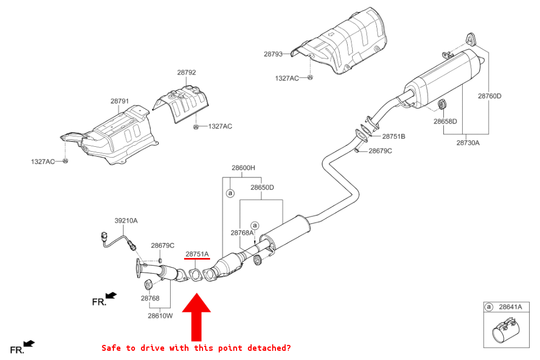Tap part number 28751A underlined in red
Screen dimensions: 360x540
pyautogui.click(x=197, y=253)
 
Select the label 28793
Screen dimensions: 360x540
pyautogui.click(x=273, y=54)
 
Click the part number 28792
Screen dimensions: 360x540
pyautogui.click(x=186, y=72)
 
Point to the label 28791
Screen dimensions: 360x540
pyautogui.click(x=119, y=101)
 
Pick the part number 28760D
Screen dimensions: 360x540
pyautogui.click(x=489, y=96)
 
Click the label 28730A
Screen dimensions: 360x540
pyautogui.click(x=468, y=143)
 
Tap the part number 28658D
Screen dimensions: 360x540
pyautogui.click(x=445, y=121)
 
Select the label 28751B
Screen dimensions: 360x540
pyautogui.click(x=394, y=137)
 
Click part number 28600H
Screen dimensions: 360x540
pyautogui.click(x=243, y=168)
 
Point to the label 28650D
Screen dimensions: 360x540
pyautogui.click(x=262, y=187)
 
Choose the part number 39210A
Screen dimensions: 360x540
pyautogui.click(x=126, y=220)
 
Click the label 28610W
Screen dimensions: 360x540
pyautogui.click(x=161, y=316)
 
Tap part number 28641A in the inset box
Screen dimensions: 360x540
pyautogui.click(x=510, y=307)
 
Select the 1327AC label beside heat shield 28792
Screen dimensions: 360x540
pyautogui.click(x=220, y=126)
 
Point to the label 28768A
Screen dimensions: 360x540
pyautogui.click(x=241, y=233)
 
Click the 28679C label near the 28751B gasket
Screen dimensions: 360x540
pyautogui.click(x=380, y=151)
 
